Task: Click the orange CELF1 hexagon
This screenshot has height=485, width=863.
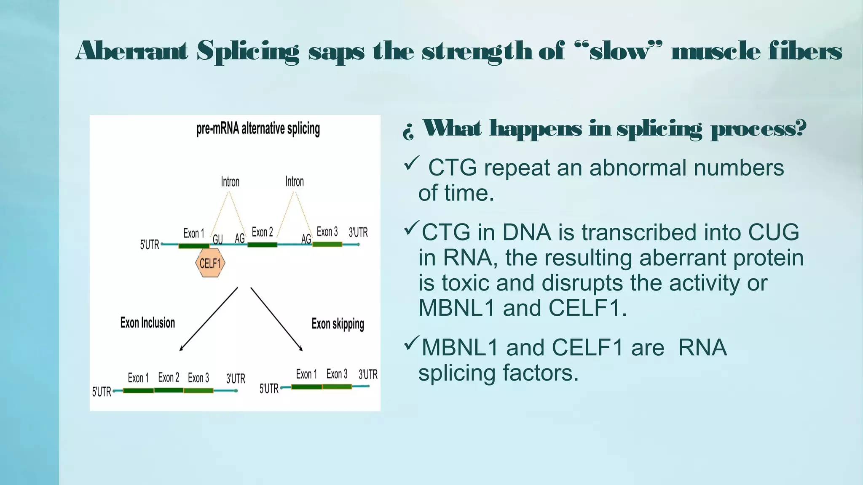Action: [210, 263]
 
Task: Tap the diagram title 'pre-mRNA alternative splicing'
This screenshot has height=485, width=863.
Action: [258, 129]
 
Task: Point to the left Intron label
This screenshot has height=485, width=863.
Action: [230, 182]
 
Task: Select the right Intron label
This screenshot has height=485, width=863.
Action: [295, 181]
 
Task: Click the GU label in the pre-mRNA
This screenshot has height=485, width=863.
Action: [217, 239]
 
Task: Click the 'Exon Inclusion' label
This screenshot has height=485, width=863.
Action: [147, 323]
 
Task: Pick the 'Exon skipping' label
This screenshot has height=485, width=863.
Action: [338, 324]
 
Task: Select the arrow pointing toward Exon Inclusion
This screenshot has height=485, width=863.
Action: [208, 319]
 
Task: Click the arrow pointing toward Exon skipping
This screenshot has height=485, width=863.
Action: [276, 319]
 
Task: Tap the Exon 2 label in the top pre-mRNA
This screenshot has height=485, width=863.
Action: [262, 232]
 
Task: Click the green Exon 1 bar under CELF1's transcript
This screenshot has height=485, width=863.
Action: [194, 245]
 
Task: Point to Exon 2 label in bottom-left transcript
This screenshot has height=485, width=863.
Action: [169, 377]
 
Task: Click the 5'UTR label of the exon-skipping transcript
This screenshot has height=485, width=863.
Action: [269, 388]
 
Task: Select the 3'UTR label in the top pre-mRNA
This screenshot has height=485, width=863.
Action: [358, 232]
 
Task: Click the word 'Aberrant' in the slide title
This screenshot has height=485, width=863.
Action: [131, 51]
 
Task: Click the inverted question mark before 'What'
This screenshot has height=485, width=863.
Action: [408, 132]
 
